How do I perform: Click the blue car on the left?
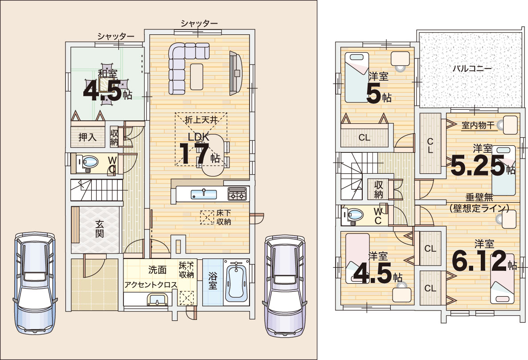tap(35, 283)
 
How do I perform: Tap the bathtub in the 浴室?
tap(236, 282)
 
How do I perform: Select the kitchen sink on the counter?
tap(204, 194)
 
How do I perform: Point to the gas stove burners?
tap(237, 194)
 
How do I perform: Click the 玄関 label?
tap(99, 229)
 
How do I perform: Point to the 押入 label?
tap(87, 137)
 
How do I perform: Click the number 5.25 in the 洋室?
tap(478, 165)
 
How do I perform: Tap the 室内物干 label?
tap(478, 126)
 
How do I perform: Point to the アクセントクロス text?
tap(151, 285)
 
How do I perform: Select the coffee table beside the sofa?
tap(196, 77)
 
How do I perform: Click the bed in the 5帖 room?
tap(357, 77)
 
